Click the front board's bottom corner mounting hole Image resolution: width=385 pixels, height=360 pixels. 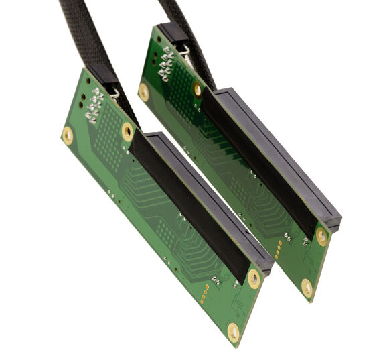click(x=234, y=329)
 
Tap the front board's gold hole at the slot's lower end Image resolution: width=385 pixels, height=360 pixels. click(x=254, y=278)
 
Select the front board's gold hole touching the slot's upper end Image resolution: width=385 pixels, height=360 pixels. click(x=127, y=131)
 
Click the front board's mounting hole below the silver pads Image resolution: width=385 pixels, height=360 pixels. click(x=68, y=135)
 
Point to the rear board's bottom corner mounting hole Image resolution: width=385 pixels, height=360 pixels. click(x=307, y=288)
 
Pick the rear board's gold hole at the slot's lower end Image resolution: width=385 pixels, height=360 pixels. click(x=323, y=235)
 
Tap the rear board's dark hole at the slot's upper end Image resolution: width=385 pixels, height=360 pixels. click(x=197, y=89)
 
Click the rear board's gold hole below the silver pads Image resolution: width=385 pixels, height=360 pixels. click(x=144, y=92)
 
